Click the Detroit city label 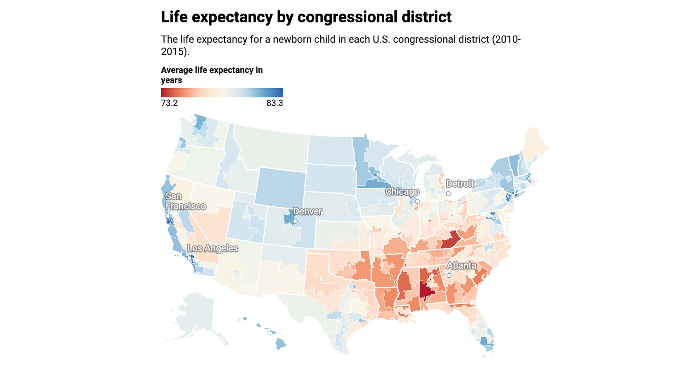(x=460, y=183)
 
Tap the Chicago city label (x=402, y=192)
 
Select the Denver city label (x=307, y=211)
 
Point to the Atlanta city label (x=461, y=265)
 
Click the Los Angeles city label (x=213, y=248)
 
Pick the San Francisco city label (x=185, y=201)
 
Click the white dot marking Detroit (x=448, y=194)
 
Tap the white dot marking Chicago (x=417, y=202)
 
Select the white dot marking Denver (x=295, y=221)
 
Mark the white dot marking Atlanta (x=449, y=275)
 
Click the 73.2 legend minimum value (x=169, y=103)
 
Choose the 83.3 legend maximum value (x=274, y=103)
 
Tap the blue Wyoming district (x=280, y=187)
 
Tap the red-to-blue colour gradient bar (x=222, y=92)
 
